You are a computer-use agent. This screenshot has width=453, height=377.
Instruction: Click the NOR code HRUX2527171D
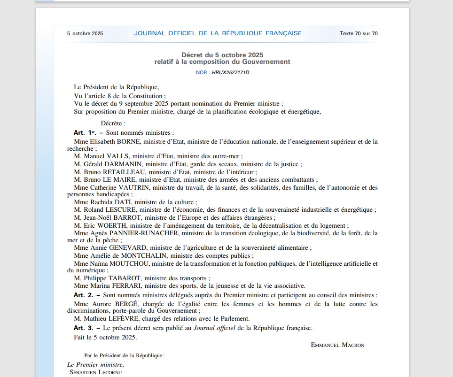point(230,73)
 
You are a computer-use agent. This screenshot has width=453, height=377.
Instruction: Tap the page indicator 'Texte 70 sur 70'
point(359,33)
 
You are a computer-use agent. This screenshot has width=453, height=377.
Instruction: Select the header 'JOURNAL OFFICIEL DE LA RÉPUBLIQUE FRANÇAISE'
point(218,33)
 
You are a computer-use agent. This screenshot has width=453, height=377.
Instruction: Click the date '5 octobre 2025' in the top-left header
point(85,33)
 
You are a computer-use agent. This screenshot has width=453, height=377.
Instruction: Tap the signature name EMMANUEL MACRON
point(337,345)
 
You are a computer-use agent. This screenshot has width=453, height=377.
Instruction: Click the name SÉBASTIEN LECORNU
point(95,372)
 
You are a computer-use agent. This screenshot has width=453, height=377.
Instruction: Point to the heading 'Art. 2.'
point(83,295)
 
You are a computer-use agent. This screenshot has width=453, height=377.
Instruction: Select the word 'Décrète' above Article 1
point(113,123)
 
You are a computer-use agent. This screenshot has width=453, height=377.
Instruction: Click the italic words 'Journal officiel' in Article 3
point(215,328)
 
